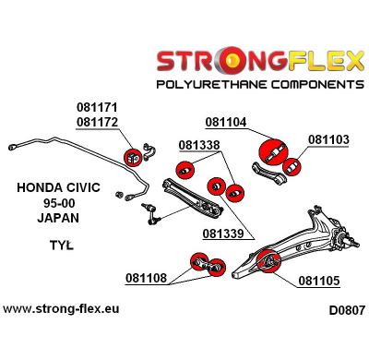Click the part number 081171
pos(95,108)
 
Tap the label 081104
pos(226,122)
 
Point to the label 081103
pos(328,140)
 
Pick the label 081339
pos(224,234)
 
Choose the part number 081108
pos(147,276)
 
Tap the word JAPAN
pos(58,219)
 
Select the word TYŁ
pos(59,246)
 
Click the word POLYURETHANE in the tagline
pos(208,84)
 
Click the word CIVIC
pos(81,188)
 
